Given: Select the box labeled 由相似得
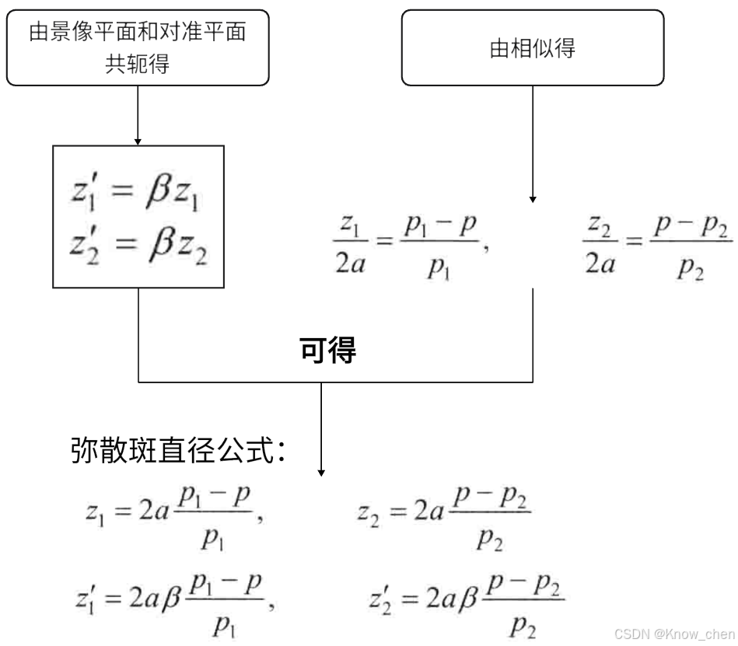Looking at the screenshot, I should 532,48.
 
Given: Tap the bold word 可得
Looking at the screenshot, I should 327,351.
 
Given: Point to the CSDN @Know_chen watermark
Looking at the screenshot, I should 673,634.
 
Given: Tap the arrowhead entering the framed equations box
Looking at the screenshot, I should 138,141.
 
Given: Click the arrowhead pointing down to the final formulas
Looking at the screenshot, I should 321,472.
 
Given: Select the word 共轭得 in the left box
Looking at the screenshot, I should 137,64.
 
